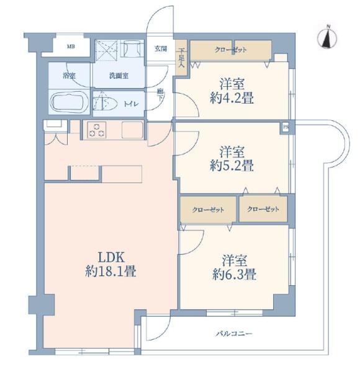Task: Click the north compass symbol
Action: click(x=328, y=37)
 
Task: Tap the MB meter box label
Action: click(x=71, y=46)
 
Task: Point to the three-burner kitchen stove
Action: click(x=97, y=130)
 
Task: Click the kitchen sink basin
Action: click(x=132, y=130)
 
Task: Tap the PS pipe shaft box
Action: click(x=286, y=127)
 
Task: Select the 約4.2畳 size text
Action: click(x=232, y=98)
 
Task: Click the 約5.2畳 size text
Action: click(x=232, y=166)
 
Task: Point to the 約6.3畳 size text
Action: click(x=235, y=275)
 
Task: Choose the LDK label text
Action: click(x=111, y=257)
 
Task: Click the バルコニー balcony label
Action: click(x=234, y=334)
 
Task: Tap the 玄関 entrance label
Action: click(x=161, y=49)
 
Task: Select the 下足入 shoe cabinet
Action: click(x=182, y=58)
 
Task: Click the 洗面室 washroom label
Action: click(x=119, y=76)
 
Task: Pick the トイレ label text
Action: click(x=132, y=104)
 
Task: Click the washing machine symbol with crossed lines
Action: click(x=107, y=49)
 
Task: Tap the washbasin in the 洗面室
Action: click(x=132, y=48)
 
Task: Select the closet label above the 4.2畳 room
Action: click(x=230, y=50)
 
